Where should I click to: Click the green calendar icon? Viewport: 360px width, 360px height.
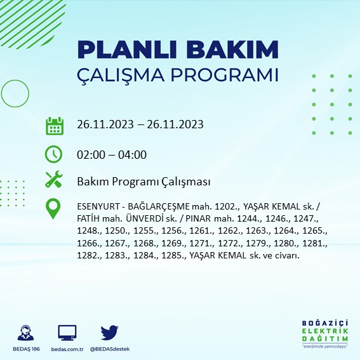tap(54, 125)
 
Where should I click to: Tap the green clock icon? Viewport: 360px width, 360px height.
tap(54, 154)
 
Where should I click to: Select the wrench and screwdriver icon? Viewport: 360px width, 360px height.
tap(54, 180)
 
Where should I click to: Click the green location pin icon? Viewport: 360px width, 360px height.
tap(54, 208)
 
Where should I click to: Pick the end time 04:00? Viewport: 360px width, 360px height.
tap(133, 154)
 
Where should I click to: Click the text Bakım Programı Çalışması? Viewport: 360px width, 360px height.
tap(143, 182)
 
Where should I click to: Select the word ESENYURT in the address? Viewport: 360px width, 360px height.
tap(97, 206)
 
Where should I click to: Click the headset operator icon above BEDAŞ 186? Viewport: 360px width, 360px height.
tap(27, 332)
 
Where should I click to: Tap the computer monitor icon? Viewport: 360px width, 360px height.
tap(67, 332)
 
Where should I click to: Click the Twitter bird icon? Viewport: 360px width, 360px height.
tap(110, 332)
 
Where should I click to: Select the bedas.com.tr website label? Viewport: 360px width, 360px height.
tap(67, 349)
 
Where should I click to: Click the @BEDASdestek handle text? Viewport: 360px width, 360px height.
tap(110, 349)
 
